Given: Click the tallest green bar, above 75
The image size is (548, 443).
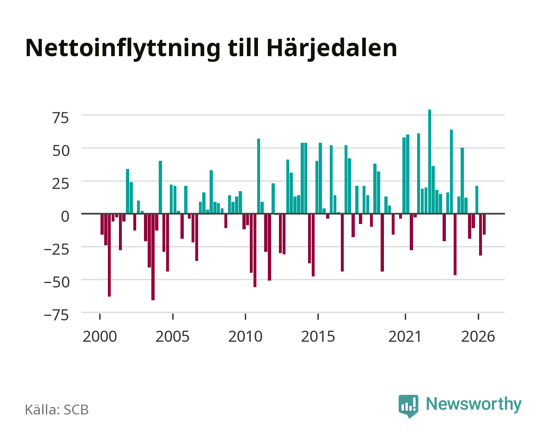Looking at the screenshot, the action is coord(429,161).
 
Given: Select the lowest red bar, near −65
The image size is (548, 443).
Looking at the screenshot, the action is coord(153,257).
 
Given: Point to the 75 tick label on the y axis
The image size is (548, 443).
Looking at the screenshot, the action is coord(60,118).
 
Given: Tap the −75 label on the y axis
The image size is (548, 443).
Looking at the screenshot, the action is coord(56,315).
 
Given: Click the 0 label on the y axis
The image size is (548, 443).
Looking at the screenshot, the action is coord(65,216).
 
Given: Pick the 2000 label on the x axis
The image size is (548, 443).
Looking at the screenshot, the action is coord(100,336).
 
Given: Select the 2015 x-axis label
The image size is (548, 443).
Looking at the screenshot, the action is coord(318,336).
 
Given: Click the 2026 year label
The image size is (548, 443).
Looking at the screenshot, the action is coord(478,336).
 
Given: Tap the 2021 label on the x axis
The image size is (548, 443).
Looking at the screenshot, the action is coord(405,336).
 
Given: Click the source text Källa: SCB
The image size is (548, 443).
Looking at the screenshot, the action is coord(57,409).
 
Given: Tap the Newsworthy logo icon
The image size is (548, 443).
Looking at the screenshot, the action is coord(408,406).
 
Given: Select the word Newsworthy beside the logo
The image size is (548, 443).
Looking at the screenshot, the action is coord(474,404).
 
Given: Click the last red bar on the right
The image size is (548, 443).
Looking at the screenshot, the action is coord(484,224).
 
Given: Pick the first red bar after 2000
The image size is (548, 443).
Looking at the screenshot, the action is coord(102,224).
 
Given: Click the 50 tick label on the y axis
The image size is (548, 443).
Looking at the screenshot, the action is coord(61,151).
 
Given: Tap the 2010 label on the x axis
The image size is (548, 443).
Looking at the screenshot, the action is coord(245,336).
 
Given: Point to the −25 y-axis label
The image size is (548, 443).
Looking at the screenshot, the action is coord(56,249).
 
